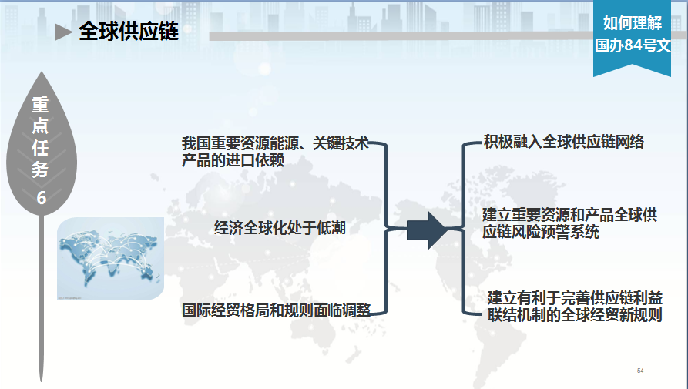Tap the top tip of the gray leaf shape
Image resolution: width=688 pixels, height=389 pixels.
pos(42,72)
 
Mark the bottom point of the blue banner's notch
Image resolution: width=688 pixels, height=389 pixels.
pos(632,65)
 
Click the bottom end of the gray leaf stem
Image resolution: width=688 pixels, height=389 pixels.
pos(42,381)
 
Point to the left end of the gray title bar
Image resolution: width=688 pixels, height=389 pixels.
pos(210,36)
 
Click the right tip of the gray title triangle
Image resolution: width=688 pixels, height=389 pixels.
pos(73,32)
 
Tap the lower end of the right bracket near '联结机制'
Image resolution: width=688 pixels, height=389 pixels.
pos(482,314)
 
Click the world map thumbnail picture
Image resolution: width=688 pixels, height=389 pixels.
pos(111,259)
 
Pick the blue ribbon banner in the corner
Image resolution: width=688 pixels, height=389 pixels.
pos(632,39)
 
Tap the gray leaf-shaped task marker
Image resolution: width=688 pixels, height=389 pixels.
pos(42,143)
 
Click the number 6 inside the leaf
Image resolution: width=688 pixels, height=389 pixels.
pos(42,198)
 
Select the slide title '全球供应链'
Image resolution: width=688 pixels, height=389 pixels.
pos(129,31)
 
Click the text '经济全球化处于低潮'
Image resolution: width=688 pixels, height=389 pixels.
pos(280,227)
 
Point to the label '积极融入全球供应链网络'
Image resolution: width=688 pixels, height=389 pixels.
pos(563,142)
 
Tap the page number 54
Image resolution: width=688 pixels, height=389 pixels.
pos(640,371)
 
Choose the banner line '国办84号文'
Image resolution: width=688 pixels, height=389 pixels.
pos(633,45)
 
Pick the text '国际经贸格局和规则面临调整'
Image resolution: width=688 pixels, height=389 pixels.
pos(276,310)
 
